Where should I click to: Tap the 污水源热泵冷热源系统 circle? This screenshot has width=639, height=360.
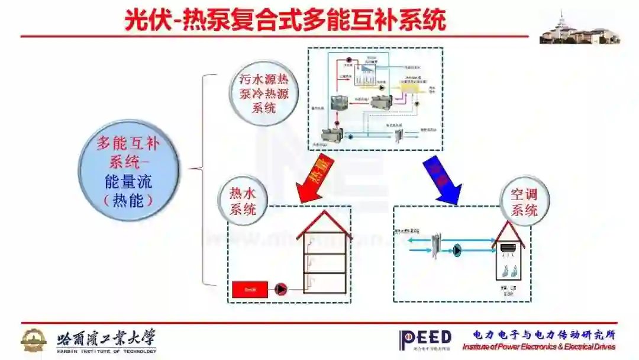[x=264, y=93]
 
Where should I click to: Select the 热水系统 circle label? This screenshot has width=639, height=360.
[x=242, y=201]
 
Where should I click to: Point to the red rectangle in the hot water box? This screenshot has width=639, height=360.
[x=249, y=289]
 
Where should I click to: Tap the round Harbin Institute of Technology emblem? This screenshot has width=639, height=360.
[x=34, y=340]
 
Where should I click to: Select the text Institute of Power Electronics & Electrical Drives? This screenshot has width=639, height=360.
[x=538, y=347]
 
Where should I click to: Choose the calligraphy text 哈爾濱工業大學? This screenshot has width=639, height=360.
[x=106, y=338]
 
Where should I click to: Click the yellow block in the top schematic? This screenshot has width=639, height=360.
[x=409, y=88]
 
